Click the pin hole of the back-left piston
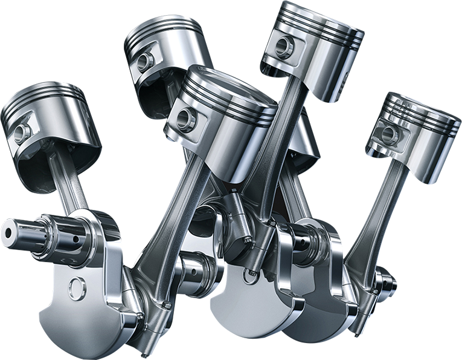point(144,61)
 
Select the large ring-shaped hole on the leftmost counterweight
point(77,289)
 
